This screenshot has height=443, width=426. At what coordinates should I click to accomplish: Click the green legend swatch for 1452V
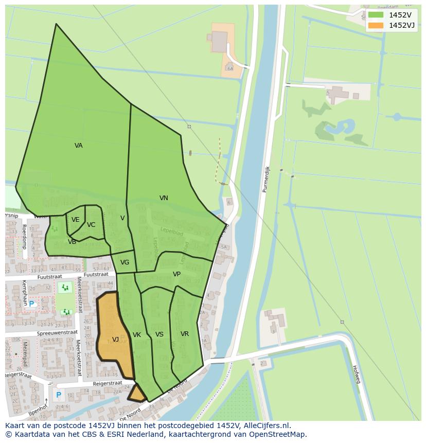(x=375, y=15)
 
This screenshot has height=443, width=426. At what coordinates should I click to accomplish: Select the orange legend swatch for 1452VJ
(x=375, y=25)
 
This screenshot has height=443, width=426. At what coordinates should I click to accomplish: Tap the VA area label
(x=78, y=146)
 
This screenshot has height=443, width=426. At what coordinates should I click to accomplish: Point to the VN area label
(x=164, y=198)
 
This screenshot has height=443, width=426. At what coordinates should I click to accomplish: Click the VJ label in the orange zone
(x=116, y=340)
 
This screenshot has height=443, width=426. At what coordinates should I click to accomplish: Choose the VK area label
(x=137, y=335)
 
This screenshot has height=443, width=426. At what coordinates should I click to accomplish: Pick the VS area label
(x=159, y=334)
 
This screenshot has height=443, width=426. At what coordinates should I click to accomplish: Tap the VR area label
(x=185, y=334)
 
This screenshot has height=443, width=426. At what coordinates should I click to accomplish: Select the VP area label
(x=176, y=274)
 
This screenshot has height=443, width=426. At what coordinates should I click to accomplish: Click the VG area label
(x=125, y=262)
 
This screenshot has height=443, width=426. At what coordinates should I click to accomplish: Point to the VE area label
(x=75, y=220)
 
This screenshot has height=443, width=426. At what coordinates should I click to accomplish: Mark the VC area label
(x=91, y=225)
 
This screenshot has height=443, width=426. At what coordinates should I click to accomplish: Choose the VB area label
(x=72, y=242)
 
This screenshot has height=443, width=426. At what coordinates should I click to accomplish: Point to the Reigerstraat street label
(x=107, y=383)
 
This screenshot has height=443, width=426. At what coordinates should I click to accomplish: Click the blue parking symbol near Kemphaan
(x=31, y=304)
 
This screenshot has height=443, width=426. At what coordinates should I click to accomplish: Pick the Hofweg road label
(x=355, y=374)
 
